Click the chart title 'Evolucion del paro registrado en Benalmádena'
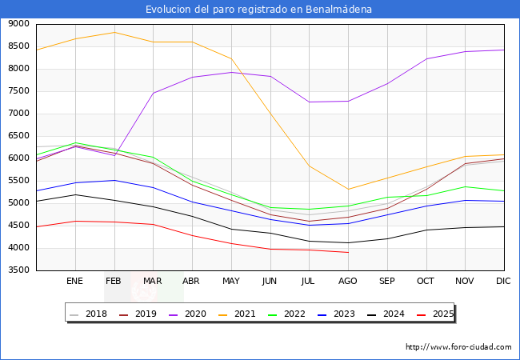259,10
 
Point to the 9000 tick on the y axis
18,24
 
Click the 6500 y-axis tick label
18,136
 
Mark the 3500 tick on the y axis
18,270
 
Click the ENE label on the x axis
75,281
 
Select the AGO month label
348,281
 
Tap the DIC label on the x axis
503,281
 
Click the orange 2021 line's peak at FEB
114,32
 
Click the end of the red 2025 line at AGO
348,252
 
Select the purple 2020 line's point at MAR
153,93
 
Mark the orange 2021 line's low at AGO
348,190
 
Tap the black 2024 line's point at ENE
75,194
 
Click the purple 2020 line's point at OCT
426,58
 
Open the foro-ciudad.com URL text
458,347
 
